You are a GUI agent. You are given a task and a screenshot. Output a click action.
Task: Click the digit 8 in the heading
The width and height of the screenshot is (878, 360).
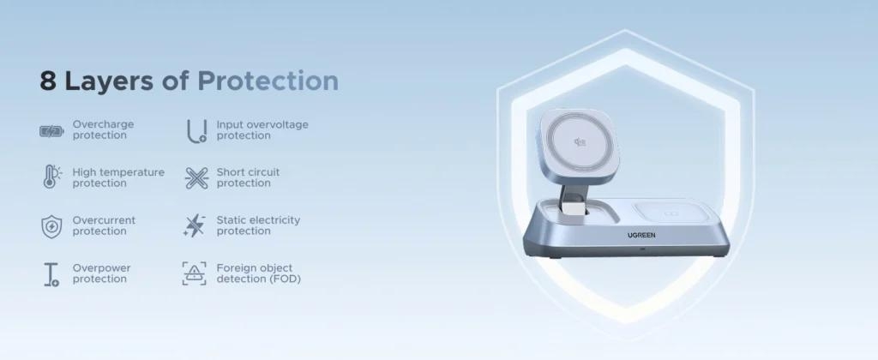click(48, 81)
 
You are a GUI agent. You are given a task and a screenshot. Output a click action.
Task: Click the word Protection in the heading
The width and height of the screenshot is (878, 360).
click(268, 81)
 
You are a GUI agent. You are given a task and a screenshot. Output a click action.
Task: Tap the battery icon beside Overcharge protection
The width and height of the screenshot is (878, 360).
click(51, 131)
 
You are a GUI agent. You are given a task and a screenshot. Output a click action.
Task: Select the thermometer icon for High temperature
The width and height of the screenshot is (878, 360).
click(51, 176)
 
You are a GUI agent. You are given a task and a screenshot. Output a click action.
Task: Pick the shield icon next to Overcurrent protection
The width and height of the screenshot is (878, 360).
click(51, 227)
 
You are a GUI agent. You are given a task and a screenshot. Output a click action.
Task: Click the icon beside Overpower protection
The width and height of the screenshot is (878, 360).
click(51, 274)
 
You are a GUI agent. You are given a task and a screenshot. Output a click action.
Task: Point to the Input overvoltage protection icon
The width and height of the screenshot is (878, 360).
click(196, 131)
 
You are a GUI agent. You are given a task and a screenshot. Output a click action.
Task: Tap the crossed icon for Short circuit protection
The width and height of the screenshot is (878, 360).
click(196, 178)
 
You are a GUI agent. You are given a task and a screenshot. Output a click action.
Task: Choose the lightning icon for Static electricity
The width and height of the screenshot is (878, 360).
click(195, 225)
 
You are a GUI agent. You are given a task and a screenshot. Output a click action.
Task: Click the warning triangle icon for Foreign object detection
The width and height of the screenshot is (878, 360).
click(195, 273)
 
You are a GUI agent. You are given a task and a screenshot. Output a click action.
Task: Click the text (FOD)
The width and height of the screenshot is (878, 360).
click(284, 279)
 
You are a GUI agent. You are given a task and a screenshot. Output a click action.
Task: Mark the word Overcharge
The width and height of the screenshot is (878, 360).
click(103, 124)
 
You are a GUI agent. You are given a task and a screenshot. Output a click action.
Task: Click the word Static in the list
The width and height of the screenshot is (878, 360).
click(231, 220)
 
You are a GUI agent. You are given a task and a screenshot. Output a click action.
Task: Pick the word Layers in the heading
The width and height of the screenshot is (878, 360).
click(108, 81)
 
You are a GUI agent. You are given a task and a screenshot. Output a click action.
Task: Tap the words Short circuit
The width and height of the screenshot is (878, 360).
click(248, 172)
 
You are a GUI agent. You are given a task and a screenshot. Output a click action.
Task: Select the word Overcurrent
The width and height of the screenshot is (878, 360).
click(104, 220)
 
